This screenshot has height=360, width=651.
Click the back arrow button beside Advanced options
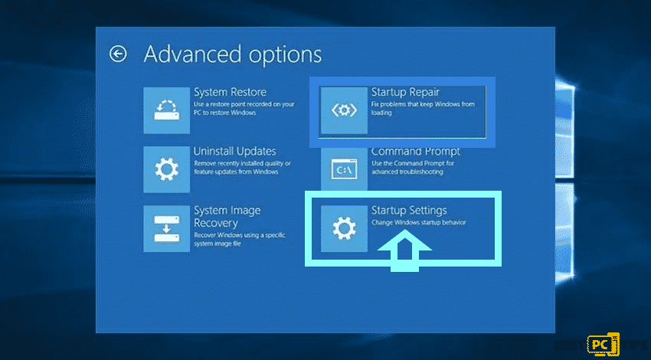coord(117,54)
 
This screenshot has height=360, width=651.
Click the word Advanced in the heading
coord(192,54)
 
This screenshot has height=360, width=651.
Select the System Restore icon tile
coord(166,110)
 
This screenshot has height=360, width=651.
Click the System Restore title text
coord(230,92)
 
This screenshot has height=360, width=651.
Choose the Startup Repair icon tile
coord(344,110)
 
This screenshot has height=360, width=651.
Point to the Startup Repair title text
coord(405,92)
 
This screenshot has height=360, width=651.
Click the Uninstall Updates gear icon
coord(166,169)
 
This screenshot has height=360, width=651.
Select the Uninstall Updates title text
coord(235,151)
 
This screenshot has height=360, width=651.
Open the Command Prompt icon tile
coord(344,170)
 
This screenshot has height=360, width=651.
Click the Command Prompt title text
coord(416,152)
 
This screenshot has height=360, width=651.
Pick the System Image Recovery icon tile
coord(166,228)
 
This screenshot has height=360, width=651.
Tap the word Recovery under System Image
coord(216,223)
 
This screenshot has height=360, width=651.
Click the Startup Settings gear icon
coord(344,228)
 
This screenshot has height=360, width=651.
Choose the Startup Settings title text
coord(409,211)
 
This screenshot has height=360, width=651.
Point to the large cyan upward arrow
coord(404,252)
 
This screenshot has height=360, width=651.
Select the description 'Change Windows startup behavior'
coord(418,223)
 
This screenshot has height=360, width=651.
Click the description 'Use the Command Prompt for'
coord(413,164)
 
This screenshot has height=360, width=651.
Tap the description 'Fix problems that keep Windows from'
coord(423,104)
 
